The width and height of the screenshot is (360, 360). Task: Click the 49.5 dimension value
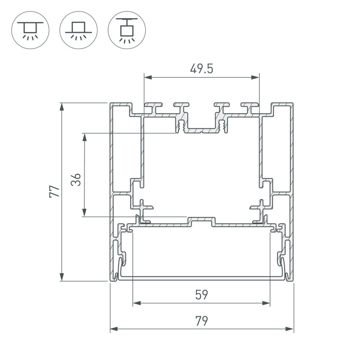202,69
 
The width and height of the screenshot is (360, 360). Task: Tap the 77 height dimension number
54,191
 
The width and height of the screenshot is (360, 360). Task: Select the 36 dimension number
76,180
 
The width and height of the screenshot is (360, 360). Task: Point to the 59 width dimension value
202,295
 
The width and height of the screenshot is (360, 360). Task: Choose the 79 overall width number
202,321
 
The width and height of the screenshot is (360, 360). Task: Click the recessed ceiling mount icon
30,30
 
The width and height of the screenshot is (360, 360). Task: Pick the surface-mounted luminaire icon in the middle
79,30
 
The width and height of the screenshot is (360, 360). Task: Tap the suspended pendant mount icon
127,30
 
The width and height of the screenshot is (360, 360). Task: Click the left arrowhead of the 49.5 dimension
148,77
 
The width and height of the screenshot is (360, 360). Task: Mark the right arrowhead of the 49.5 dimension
255,77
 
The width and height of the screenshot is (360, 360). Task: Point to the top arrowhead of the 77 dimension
61,107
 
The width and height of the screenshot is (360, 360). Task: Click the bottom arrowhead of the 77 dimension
61,277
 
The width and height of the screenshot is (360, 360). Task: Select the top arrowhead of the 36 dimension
84,137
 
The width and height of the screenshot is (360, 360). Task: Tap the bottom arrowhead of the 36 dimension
84,213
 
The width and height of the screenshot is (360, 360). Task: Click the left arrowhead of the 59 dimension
137,303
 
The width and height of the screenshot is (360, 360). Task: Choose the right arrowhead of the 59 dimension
266,303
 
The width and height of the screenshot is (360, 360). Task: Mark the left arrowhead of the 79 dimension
114,329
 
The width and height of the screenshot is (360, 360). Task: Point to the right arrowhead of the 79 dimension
289,329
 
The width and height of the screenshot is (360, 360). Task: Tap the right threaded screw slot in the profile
222,126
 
